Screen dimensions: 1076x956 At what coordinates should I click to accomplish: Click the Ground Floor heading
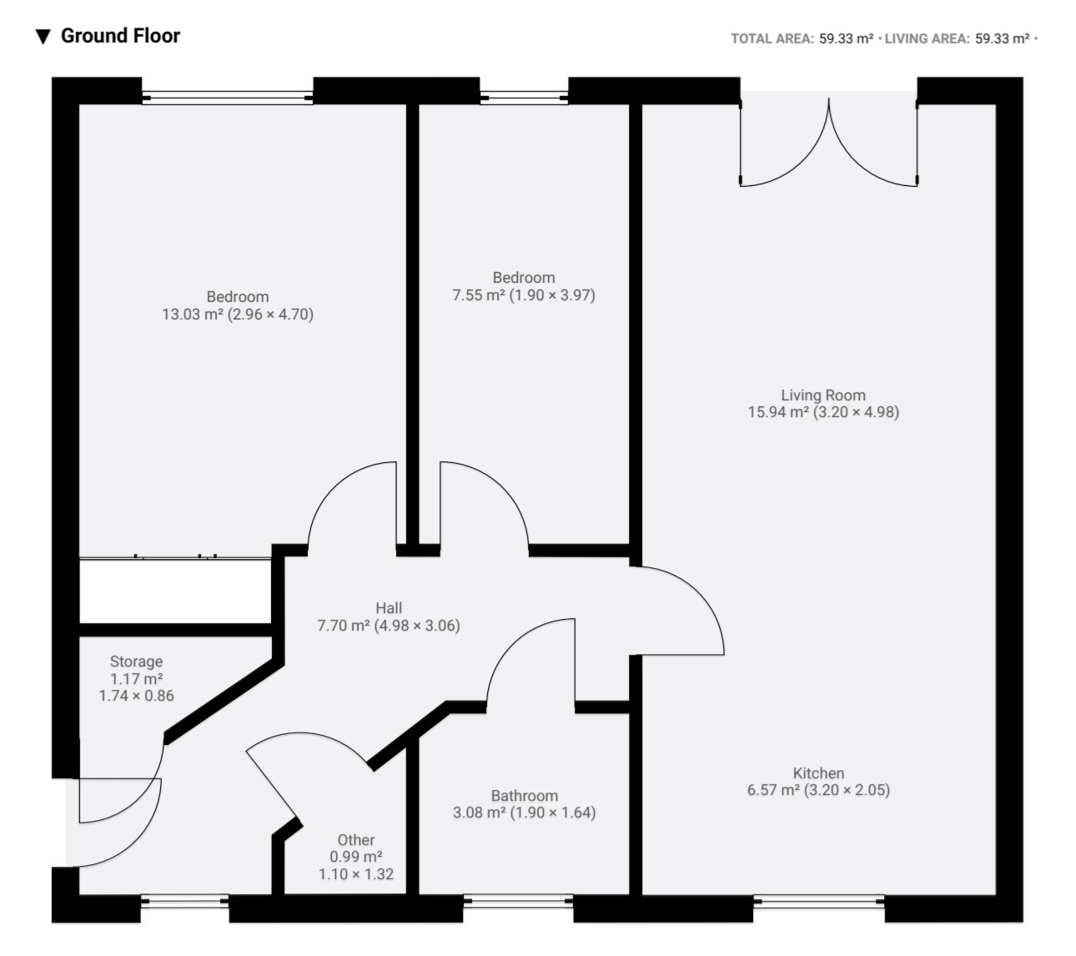coord(120,36)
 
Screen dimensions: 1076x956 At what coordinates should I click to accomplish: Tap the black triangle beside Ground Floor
coord(43,38)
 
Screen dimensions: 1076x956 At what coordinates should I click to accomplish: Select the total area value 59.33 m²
coord(846,38)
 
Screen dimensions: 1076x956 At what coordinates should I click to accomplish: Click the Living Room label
coord(823,395)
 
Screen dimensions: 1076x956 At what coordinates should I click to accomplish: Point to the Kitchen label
coord(818,773)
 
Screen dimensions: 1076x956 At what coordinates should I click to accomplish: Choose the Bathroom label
coord(524,796)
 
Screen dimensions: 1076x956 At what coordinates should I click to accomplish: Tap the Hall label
coord(389,608)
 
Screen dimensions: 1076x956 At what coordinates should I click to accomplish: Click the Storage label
coord(136,662)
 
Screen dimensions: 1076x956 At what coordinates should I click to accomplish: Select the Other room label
coord(356,840)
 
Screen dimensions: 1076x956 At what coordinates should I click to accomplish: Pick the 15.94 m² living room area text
coord(778,412)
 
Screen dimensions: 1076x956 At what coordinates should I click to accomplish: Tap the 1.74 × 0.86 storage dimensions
coord(137,696)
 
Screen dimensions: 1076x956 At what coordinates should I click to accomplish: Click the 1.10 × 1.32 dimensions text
coord(356,874)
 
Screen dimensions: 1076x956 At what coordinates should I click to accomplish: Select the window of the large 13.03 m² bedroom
coord(228,98)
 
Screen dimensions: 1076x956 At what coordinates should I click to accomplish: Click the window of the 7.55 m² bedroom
coord(524,98)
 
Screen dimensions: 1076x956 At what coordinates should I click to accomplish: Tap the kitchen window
coord(819,901)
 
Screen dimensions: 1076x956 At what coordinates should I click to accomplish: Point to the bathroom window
coord(518,901)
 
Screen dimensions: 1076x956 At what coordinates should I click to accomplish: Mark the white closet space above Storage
coord(175,591)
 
